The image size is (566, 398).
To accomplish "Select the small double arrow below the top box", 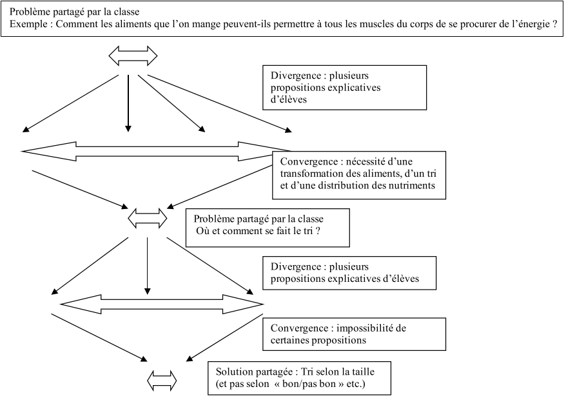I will pos(132,55).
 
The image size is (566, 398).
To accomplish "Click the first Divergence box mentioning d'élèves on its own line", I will pos(344,87).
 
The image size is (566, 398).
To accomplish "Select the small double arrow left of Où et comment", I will pos(148,217).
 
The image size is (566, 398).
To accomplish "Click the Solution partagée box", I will pos(298,377).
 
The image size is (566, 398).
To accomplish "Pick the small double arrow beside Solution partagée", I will pos(161,379).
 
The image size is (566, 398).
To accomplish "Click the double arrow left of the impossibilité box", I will pos(161,303).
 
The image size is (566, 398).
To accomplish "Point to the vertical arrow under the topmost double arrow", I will pos(128,103).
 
